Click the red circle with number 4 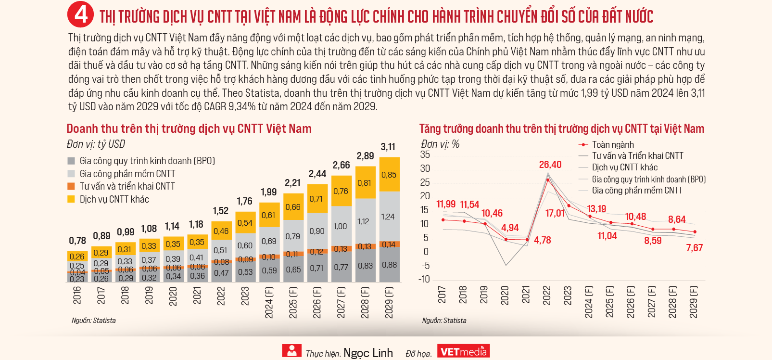(x=80, y=15)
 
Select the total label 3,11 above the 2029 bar (x=388, y=147)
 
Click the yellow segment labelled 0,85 (x=390, y=174)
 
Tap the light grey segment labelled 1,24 (x=390, y=216)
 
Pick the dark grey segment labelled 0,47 (x=221, y=273)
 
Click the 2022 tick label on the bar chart (x=221, y=296)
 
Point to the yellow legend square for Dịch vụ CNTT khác (x=71, y=199)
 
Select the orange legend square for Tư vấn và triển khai (x=71, y=186)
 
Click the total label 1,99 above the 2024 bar (x=269, y=192)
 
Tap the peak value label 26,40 (x=550, y=165)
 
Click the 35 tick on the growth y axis (x=425, y=154)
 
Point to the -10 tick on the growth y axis (x=424, y=279)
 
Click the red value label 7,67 (x=695, y=247)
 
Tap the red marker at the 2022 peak (x=548, y=180)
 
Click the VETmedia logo (x=464, y=351)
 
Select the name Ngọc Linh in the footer (x=368, y=353)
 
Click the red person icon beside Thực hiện (x=291, y=351)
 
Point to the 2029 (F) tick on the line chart (x=694, y=302)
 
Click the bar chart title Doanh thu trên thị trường (x=189, y=129)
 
